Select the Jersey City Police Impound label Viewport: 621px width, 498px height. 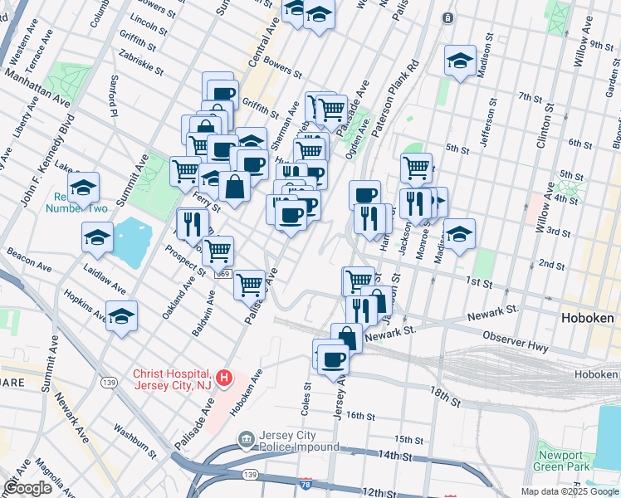pos(288,441)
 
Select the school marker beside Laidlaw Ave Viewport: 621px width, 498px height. pos(97,237)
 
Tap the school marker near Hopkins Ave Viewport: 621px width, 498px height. pos(122,316)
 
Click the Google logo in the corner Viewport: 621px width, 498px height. pos(28,488)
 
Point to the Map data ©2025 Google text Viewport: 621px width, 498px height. pos(569,491)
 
